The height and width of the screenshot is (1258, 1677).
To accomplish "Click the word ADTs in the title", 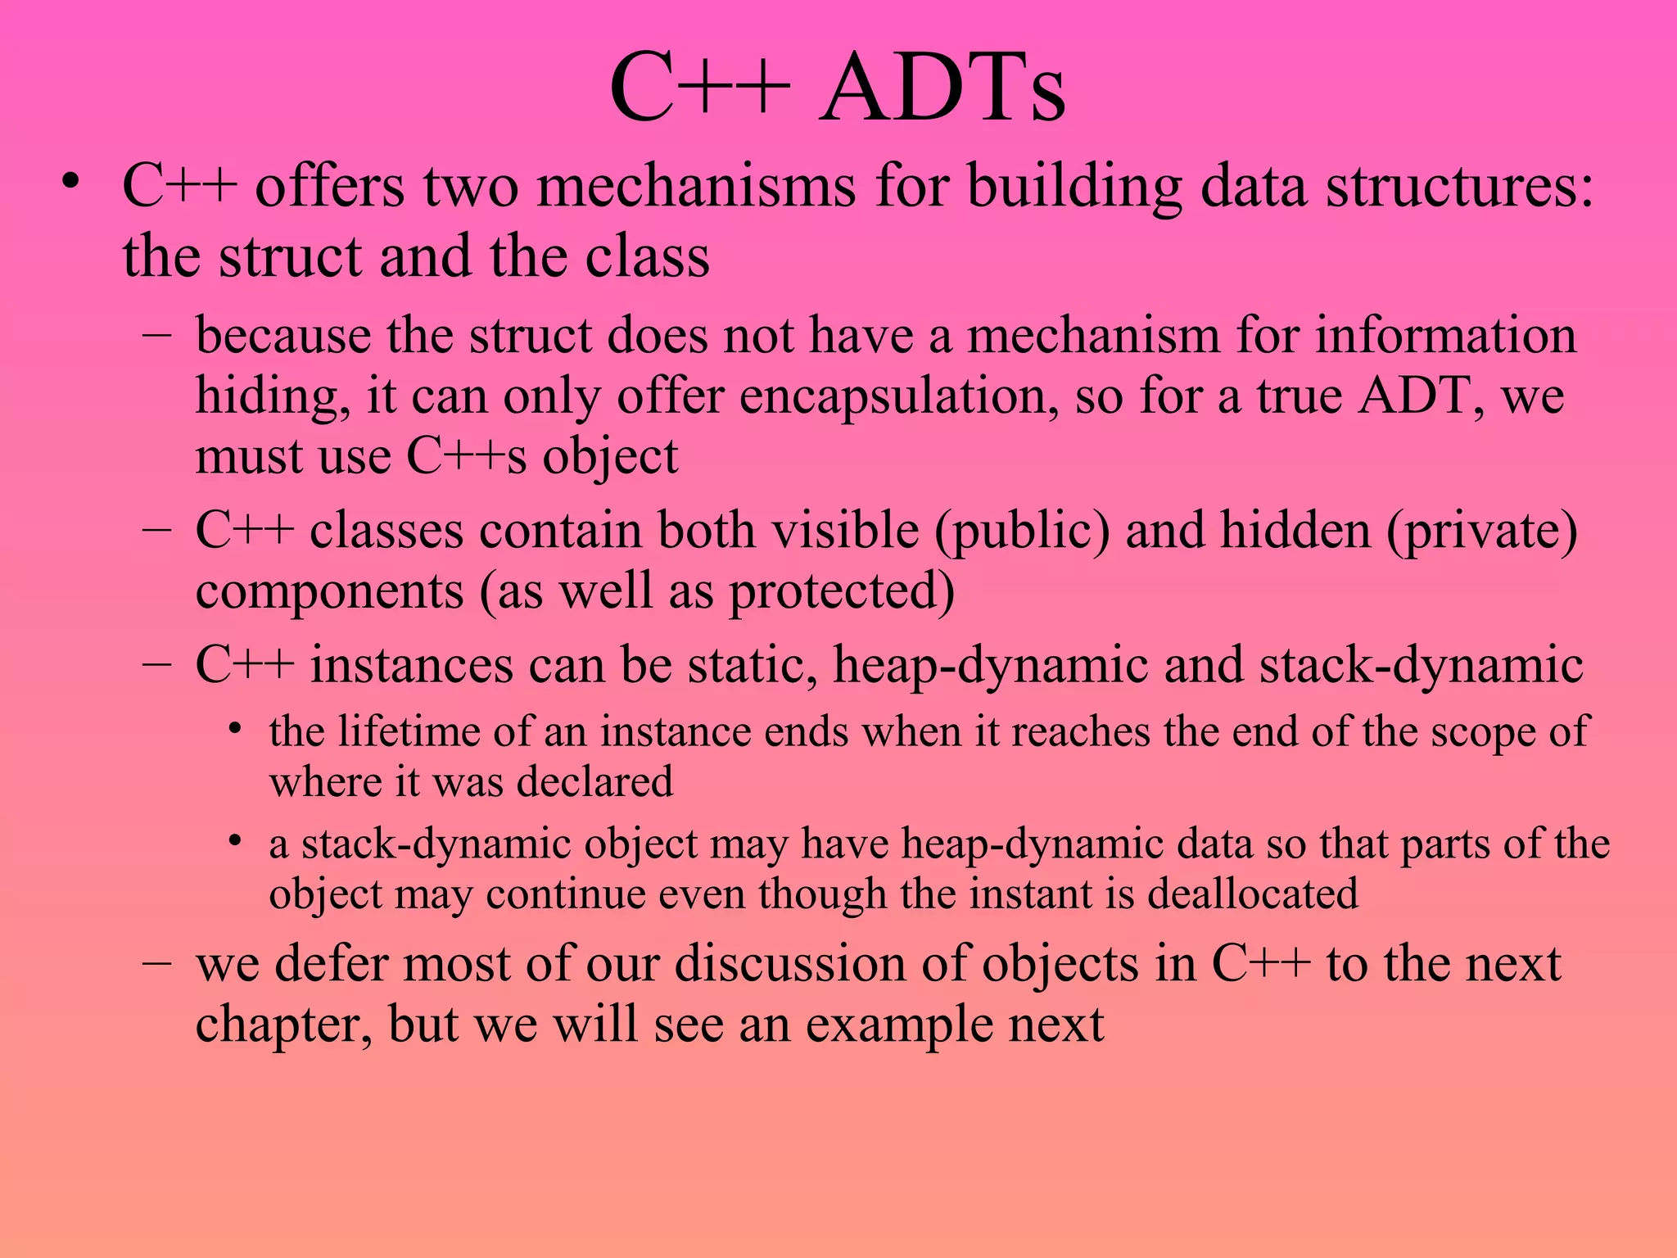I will (942, 88).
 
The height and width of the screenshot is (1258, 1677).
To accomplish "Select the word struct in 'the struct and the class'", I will (291, 256).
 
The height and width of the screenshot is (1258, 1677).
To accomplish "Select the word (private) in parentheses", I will (1481, 531).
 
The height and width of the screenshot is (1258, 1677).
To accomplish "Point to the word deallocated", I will (1252, 894).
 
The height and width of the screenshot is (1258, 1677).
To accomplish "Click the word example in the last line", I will (898, 1025).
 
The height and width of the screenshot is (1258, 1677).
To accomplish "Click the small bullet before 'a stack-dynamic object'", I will (236, 841).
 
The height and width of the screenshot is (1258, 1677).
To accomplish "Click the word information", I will (1445, 336).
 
